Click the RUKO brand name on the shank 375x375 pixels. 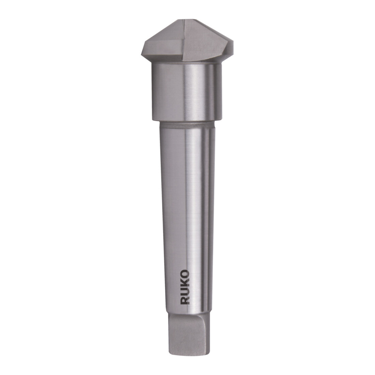185,287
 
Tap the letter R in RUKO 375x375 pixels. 185,300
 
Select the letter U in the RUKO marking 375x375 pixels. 185,291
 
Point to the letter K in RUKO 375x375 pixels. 185,283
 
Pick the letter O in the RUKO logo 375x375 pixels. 185,274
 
